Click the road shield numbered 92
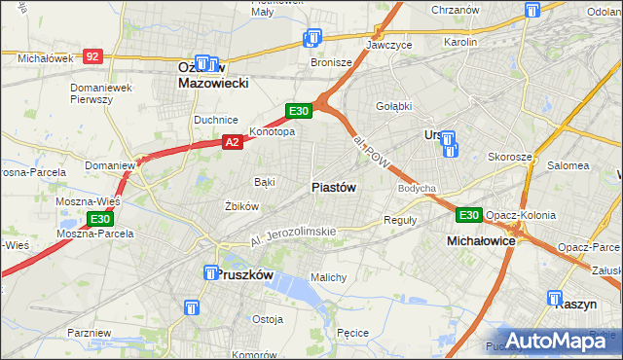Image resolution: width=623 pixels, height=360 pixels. tap(92, 57)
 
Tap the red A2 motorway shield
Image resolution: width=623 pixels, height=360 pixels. tap(232, 142)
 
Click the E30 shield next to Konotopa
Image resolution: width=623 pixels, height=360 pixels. tap(298, 111)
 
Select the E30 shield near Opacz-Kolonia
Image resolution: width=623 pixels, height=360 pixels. tap(469, 215)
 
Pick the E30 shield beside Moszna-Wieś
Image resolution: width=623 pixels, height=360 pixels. tap(99, 219)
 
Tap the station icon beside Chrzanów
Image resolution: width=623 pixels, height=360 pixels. tap(531, 11)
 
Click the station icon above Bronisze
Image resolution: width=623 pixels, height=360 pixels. tap(311, 39)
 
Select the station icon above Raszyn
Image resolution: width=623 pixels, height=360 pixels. tap(555, 300)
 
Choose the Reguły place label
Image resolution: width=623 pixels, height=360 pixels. tap(400, 220)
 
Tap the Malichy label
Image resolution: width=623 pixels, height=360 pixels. tap(328, 277)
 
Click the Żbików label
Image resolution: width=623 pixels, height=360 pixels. tap(241, 206)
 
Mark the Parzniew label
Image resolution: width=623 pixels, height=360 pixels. tap(90, 333)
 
